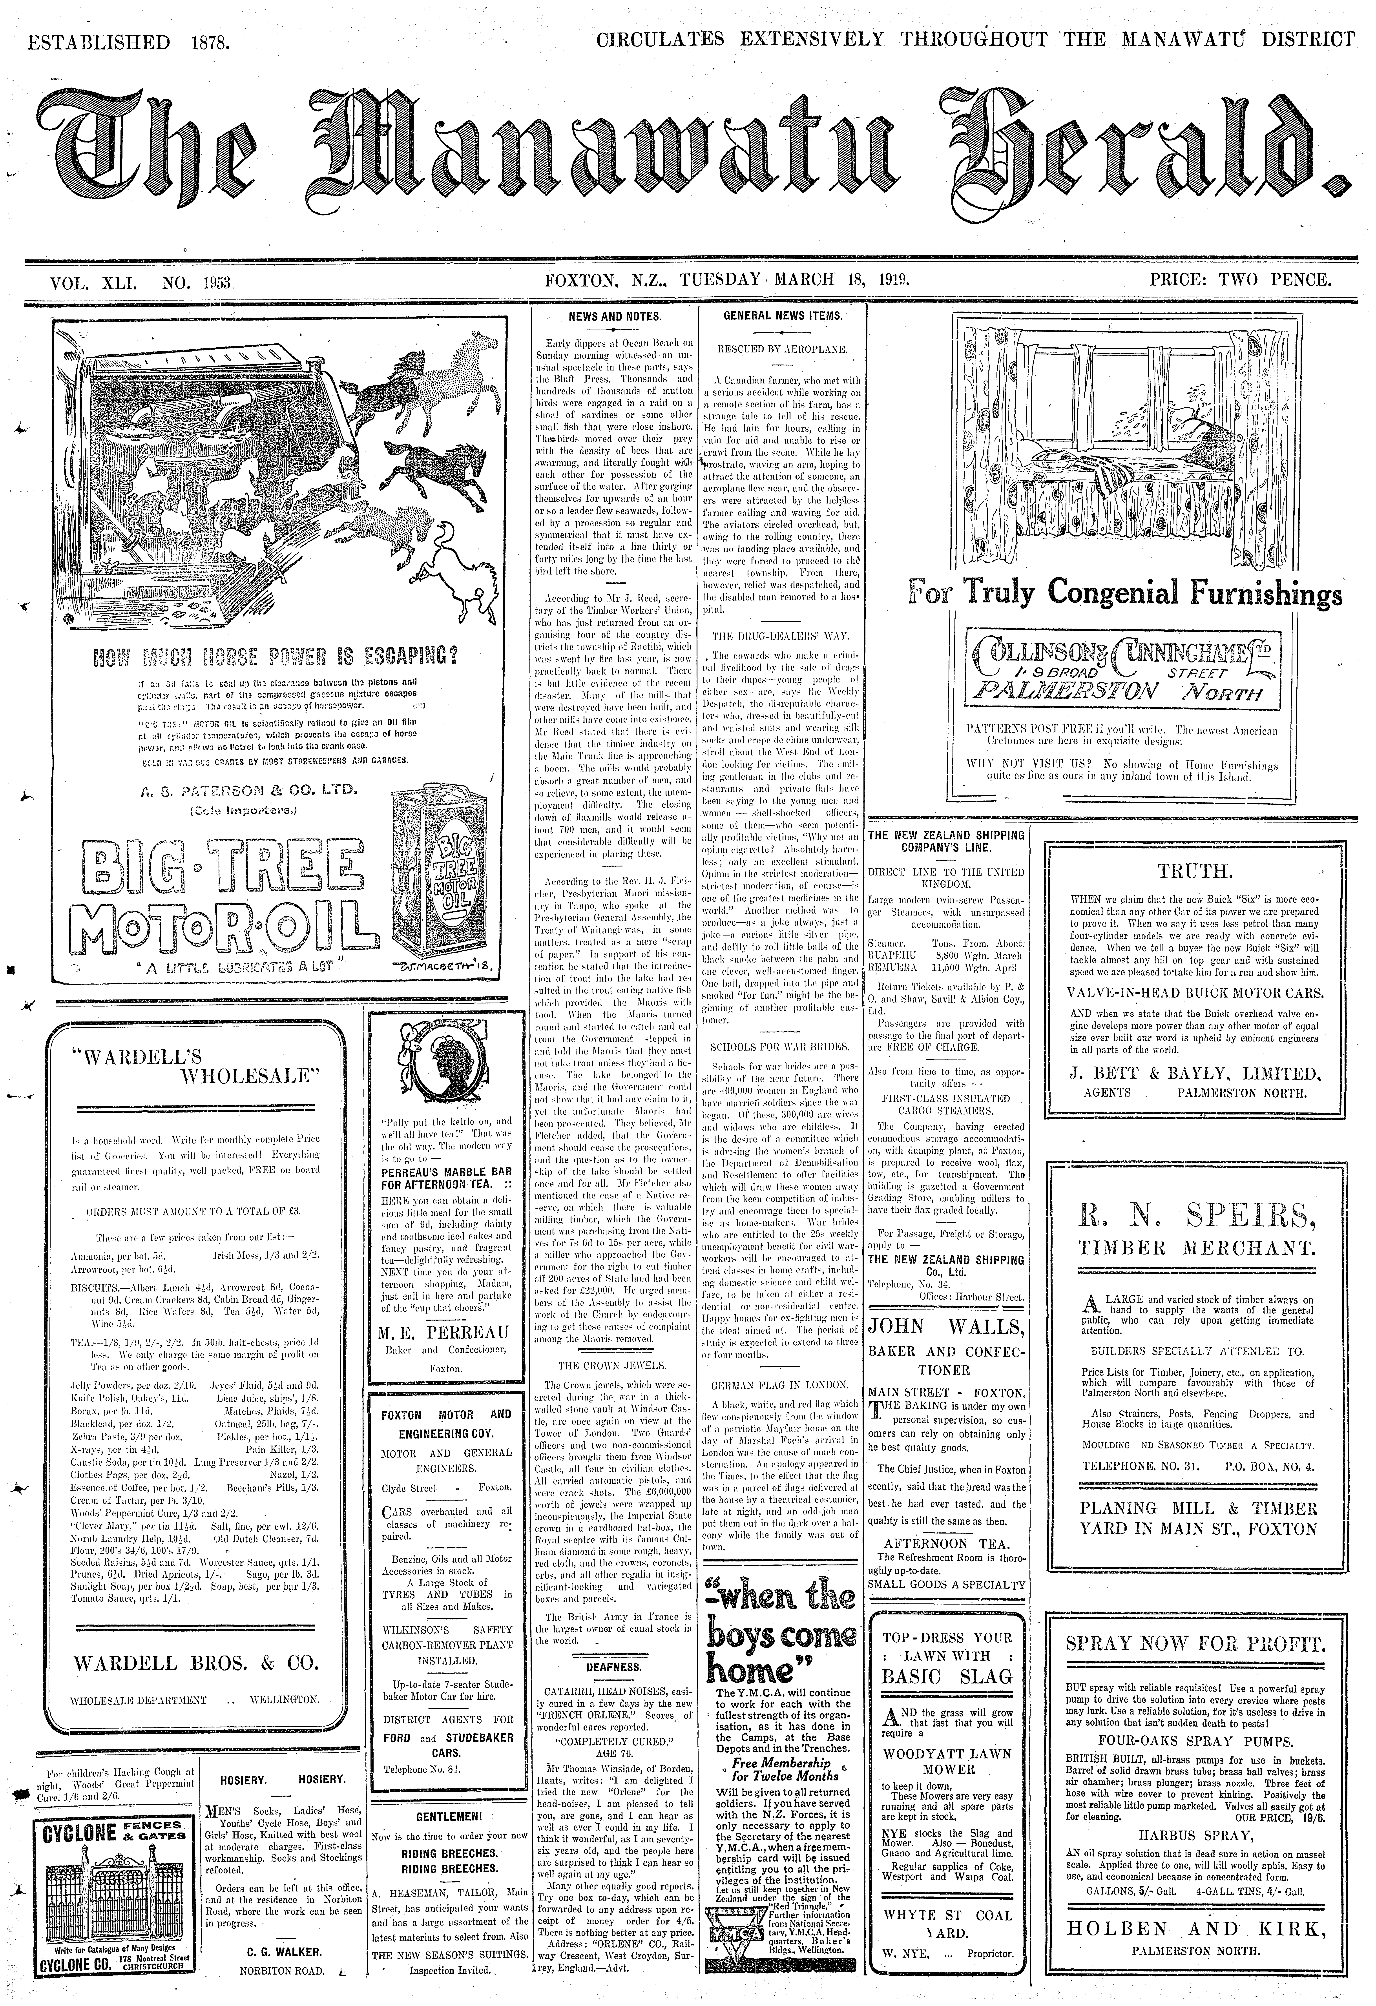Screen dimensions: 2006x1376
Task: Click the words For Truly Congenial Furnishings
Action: (x=1125, y=593)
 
